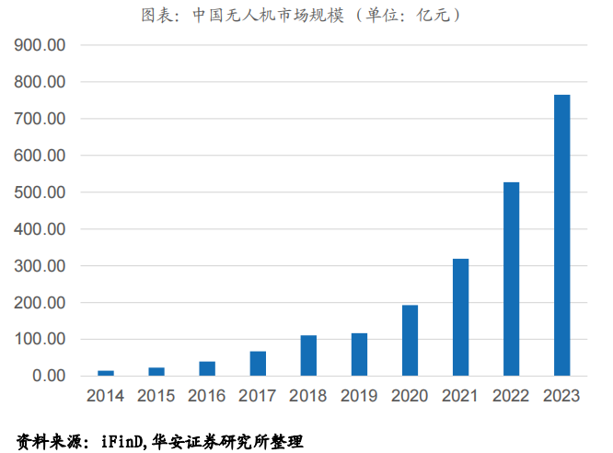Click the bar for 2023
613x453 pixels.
(561, 235)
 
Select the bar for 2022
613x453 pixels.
(511, 279)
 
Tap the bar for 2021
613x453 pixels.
(460, 317)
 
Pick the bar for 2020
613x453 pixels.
(410, 341)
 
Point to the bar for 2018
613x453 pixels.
(308, 355)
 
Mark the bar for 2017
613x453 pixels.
(258, 364)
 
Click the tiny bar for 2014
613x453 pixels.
(106, 373)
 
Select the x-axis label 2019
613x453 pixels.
(359, 396)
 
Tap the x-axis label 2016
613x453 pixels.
(207, 396)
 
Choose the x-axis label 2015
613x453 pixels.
(156, 396)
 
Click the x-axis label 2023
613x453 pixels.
(561, 396)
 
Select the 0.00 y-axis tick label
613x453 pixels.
(47, 376)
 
